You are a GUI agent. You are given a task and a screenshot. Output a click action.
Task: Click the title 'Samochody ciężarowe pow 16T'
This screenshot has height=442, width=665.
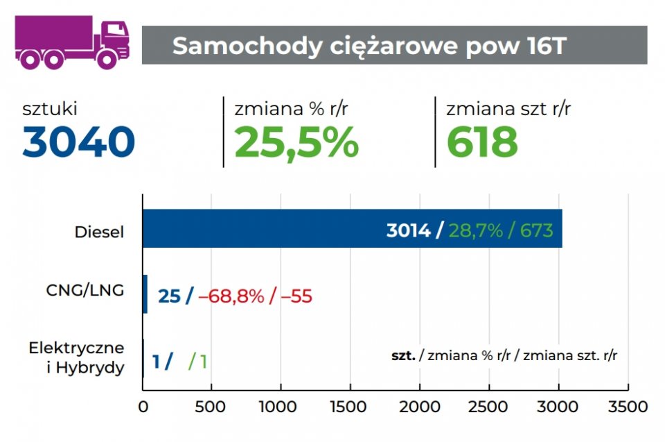(x=369, y=46)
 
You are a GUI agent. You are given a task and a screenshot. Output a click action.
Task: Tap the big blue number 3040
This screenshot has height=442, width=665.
(x=78, y=142)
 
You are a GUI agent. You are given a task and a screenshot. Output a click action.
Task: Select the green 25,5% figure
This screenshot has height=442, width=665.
(x=296, y=142)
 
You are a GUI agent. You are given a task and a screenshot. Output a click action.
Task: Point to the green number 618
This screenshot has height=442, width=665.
(x=482, y=142)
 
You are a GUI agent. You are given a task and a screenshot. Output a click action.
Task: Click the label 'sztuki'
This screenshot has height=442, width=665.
(x=50, y=109)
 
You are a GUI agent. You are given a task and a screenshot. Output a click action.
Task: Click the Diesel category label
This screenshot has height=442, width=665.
(x=99, y=232)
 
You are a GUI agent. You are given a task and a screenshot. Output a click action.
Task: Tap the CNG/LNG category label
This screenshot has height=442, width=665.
(x=85, y=291)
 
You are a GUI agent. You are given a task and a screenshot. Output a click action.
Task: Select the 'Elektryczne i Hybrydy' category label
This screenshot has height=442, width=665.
(x=77, y=357)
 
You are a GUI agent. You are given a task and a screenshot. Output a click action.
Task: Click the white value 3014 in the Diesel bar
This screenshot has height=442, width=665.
(x=408, y=230)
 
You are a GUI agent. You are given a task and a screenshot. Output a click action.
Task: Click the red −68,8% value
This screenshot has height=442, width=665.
(x=231, y=296)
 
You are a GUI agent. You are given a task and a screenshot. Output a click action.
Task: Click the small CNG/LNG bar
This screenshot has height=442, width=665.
(x=145, y=294)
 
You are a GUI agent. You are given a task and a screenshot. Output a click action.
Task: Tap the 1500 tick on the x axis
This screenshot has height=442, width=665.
(x=351, y=407)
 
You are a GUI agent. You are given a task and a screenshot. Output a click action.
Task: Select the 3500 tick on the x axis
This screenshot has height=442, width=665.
(x=628, y=407)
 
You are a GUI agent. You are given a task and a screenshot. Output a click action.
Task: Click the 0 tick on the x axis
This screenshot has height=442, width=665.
(x=143, y=407)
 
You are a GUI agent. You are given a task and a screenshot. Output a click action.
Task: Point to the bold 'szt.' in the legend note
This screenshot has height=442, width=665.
(x=403, y=356)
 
